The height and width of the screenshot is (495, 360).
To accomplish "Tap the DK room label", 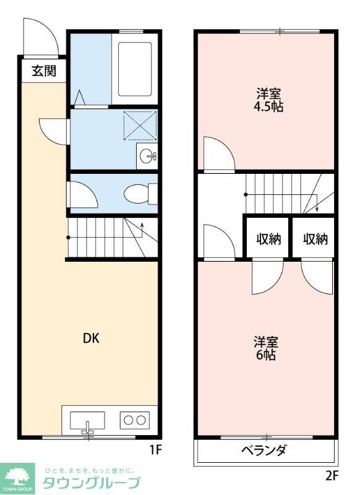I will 92,338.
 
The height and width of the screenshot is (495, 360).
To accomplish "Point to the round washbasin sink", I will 148,157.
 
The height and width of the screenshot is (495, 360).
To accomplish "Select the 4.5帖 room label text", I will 269,106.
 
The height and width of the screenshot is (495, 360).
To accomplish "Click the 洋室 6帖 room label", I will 265,348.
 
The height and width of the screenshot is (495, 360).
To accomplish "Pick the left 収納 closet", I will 268,239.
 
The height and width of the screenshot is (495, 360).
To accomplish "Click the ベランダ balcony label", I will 264,450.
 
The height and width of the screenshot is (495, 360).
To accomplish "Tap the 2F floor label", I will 332,476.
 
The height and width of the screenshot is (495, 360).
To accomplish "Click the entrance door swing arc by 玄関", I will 41,37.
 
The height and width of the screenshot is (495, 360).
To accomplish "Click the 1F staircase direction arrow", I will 142,230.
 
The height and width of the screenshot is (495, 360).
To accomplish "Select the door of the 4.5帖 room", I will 218,154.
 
